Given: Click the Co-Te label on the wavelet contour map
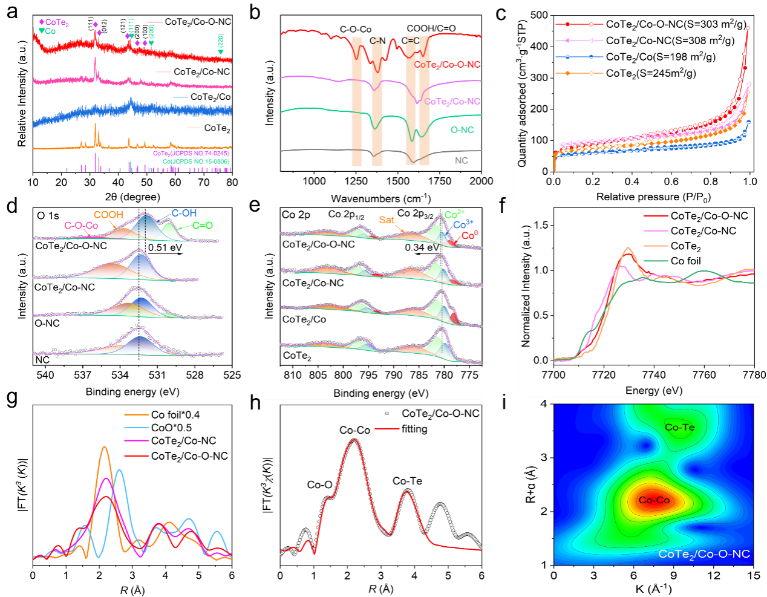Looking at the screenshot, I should point(679,427).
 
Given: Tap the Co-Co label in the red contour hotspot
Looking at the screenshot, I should point(654,500).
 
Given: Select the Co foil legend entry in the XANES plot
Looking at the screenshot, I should point(685,261).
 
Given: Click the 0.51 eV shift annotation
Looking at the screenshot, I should point(165,247).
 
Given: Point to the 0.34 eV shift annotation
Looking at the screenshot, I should point(422,247).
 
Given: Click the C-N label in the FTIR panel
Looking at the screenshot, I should point(377,41).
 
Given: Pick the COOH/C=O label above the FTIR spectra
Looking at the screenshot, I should point(431,28).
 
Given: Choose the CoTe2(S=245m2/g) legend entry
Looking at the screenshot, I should point(650,73).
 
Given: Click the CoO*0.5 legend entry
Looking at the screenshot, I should point(171,428).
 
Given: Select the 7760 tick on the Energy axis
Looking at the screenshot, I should point(703,375).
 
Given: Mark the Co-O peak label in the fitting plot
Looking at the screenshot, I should point(319,484).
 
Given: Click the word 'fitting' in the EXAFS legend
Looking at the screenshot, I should point(414,429).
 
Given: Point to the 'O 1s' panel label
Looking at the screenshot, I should point(48,215).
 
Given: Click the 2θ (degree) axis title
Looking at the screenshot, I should point(132,197).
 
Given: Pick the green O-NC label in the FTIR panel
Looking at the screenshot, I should point(462,130).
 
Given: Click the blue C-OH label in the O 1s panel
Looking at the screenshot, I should point(184,213).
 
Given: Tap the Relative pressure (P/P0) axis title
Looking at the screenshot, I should point(653,197).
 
